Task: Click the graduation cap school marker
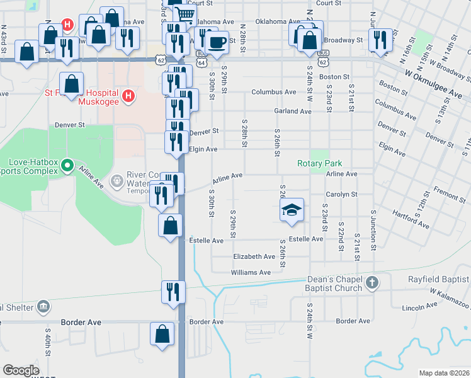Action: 292,210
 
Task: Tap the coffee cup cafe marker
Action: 217,42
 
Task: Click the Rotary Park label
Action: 320,164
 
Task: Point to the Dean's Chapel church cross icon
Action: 372,283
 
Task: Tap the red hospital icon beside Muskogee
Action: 128,96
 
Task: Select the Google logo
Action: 21,370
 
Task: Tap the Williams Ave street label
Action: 251,273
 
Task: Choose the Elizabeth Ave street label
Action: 254,257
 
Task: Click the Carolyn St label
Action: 341,195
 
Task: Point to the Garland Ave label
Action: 293,112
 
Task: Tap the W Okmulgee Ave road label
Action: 434,85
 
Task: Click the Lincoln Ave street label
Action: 419,307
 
